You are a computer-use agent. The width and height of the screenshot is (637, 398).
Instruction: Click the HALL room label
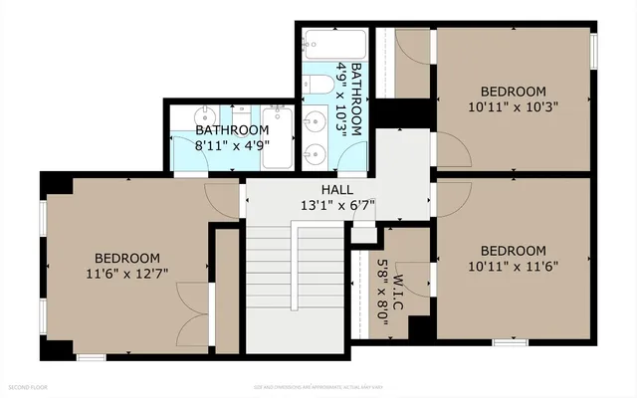coord(335,189)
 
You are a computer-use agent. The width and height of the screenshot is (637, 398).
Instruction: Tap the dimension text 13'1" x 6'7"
coord(335,205)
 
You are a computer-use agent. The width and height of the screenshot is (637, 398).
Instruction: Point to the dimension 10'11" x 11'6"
coord(513,266)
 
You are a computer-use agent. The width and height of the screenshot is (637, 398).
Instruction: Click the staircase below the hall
coord(295,289)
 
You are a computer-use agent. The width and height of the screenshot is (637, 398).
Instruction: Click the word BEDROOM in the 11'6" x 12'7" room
coord(127,256)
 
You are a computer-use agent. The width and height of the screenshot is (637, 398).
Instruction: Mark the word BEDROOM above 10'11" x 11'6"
coord(513,250)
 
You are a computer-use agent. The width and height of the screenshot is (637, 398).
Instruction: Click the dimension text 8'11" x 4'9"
coord(232,145)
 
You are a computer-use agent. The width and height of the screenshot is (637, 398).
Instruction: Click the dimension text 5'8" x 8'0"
coord(382,289)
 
